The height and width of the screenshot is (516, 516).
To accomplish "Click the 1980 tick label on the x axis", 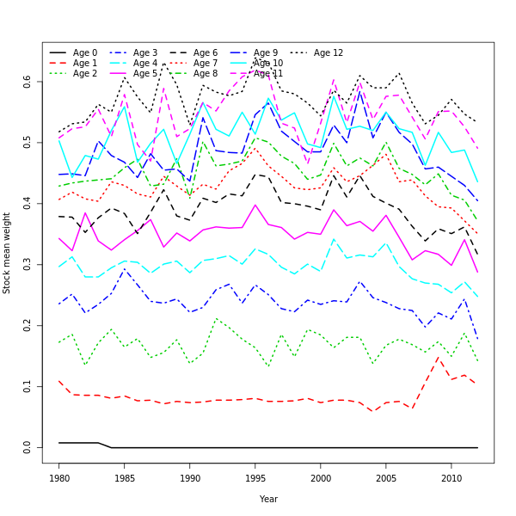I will pyautogui.click(x=59, y=477).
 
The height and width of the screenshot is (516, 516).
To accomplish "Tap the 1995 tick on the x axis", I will pyautogui.click(x=255, y=477).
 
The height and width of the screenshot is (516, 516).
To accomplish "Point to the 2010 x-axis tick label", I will pyautogui.click(x=451, y=477).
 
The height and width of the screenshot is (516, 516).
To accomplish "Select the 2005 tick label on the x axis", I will pyautogui.click(x=386, y=477).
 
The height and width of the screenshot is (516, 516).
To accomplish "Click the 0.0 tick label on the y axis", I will pyautogui.click(x=28, y=447).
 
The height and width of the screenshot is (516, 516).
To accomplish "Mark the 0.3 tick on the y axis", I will pyautogui.click(x=28, y=264).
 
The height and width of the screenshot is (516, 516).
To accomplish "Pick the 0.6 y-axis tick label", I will pyautogui.click(x=28, y=81).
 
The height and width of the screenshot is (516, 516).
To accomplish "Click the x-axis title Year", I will pyautogui.click(x=268, y=499).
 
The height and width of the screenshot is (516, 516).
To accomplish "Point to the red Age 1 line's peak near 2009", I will pyautogui.click(x=438, y=357).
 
